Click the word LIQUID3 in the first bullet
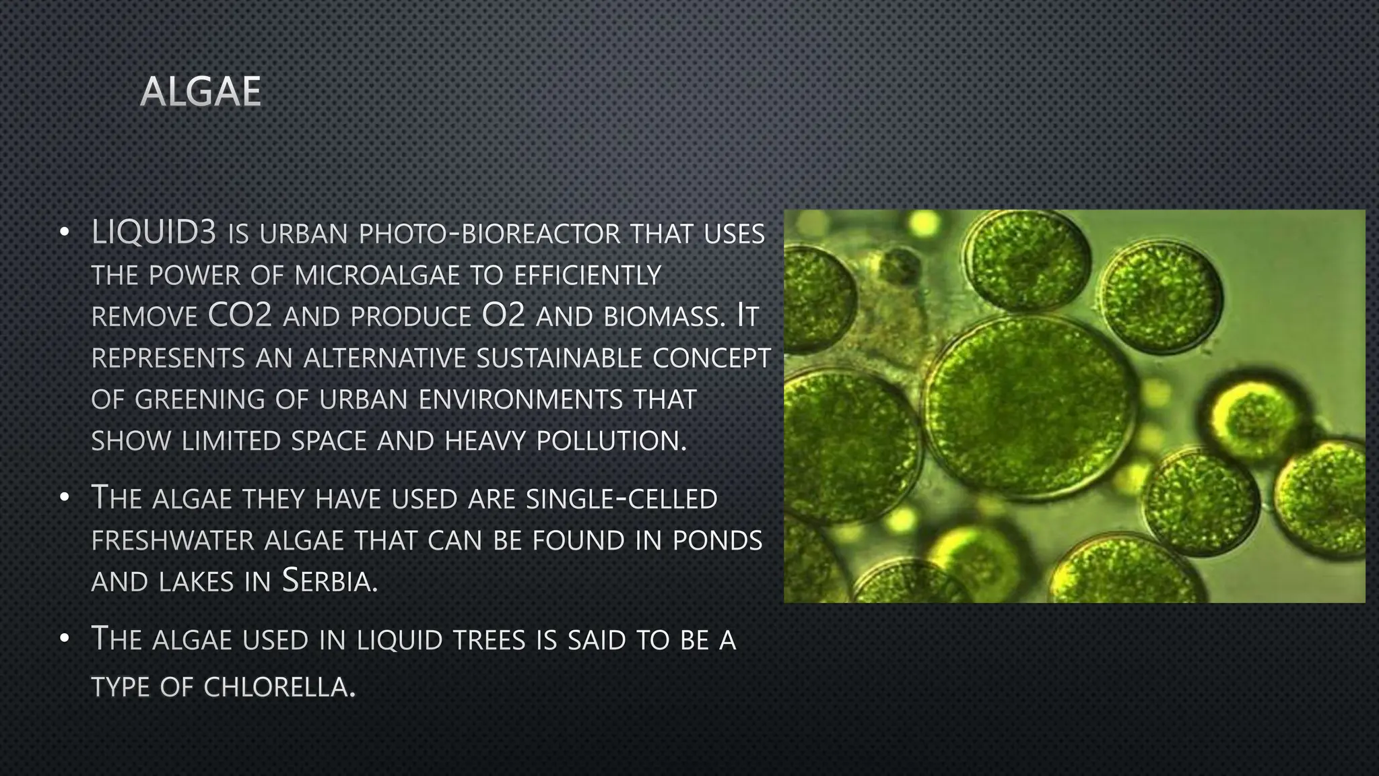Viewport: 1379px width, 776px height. tap(154, 233)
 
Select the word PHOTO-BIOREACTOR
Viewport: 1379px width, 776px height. tap(490, 234)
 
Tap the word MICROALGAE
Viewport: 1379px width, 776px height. tap(377, 275)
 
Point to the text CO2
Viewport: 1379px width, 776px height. tap(240, 316)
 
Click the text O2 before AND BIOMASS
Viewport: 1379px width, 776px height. tap(504, 316)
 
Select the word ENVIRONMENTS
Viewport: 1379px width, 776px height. tap(520, 399)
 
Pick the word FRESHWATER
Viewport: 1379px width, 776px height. tap(173, 540)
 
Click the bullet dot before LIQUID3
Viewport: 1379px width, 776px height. tap(64, 233)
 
